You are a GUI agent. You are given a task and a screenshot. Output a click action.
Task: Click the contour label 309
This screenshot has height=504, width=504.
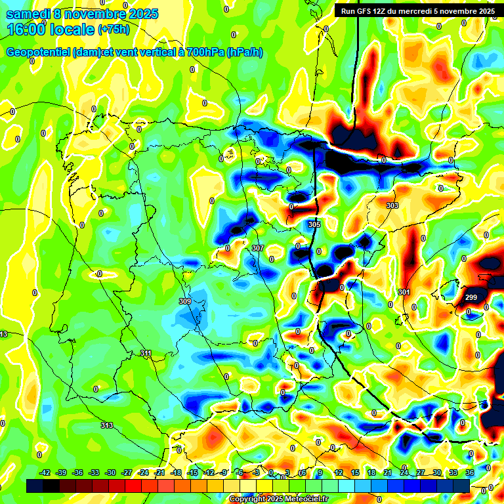(x=184, y=301)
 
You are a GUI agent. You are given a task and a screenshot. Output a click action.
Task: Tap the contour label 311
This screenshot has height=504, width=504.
(x=146, y=354)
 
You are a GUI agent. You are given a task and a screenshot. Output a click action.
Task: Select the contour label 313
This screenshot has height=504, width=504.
(x=106, y=425)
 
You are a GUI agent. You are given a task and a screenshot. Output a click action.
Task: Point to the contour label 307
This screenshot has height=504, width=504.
(x=257, y=248)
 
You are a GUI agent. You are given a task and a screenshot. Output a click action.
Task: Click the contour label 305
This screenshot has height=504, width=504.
(x=314, y=224)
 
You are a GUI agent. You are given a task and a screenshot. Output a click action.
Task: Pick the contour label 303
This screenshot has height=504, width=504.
(x=392, y=206)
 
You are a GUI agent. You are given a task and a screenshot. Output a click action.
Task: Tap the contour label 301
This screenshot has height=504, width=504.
(x=404, y=292)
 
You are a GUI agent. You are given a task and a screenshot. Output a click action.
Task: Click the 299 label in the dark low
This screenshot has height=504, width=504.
(x=471, y=298)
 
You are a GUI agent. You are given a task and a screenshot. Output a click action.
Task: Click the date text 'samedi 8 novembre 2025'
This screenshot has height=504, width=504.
(x=82, y=14)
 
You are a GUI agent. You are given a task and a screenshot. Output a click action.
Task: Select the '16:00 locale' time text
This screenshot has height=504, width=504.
(x=50, y=30)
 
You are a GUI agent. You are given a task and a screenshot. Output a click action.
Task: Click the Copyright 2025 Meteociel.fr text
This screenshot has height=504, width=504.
(x=278, y=499)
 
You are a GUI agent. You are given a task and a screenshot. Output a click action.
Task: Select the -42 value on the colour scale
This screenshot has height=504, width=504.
(x=45, y=472)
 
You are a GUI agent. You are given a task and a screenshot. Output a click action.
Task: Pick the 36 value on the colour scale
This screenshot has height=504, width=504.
(x=469, y=472)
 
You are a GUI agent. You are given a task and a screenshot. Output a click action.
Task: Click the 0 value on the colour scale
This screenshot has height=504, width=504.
(x=271, y=472)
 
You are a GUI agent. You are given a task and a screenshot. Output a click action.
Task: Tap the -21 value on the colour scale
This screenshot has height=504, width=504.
(x=159, y=472)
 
